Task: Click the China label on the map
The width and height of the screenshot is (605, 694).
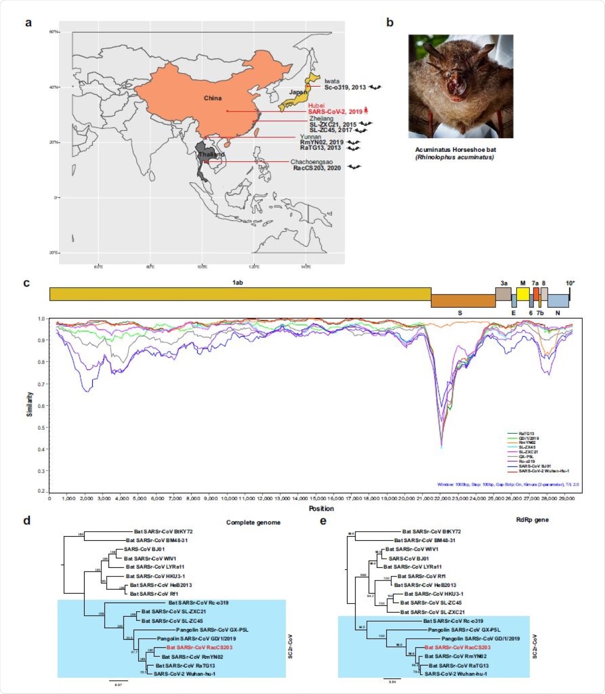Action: click(212, 98)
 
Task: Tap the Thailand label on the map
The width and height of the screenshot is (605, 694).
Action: click(212, 154)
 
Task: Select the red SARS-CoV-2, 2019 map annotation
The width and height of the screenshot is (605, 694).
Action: click(335, 111)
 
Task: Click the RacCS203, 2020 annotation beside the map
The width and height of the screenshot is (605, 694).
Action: click(317, 168)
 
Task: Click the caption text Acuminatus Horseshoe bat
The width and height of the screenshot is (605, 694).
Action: click(455, 150)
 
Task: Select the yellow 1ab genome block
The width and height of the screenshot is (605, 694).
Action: click(240, 294)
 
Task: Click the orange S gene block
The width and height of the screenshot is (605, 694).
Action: click(463, 301)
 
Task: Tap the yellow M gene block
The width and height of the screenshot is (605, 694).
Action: click(522, 294)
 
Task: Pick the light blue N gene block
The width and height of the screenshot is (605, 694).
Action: click(558, 301)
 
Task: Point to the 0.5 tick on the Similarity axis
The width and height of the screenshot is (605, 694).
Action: click(41, 428)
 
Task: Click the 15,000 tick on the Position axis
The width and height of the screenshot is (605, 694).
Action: click(317, 498)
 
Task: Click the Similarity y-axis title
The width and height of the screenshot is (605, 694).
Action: click(30, 404)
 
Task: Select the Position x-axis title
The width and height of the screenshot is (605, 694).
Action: click(321, 508)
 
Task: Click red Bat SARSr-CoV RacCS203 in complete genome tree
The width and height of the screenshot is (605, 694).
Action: click(199, 648)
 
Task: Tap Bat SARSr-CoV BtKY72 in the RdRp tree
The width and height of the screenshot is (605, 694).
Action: click(431, 532)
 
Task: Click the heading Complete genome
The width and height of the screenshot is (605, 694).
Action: click(253, 523)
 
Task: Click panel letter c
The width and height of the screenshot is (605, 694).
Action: click(27, 283)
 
